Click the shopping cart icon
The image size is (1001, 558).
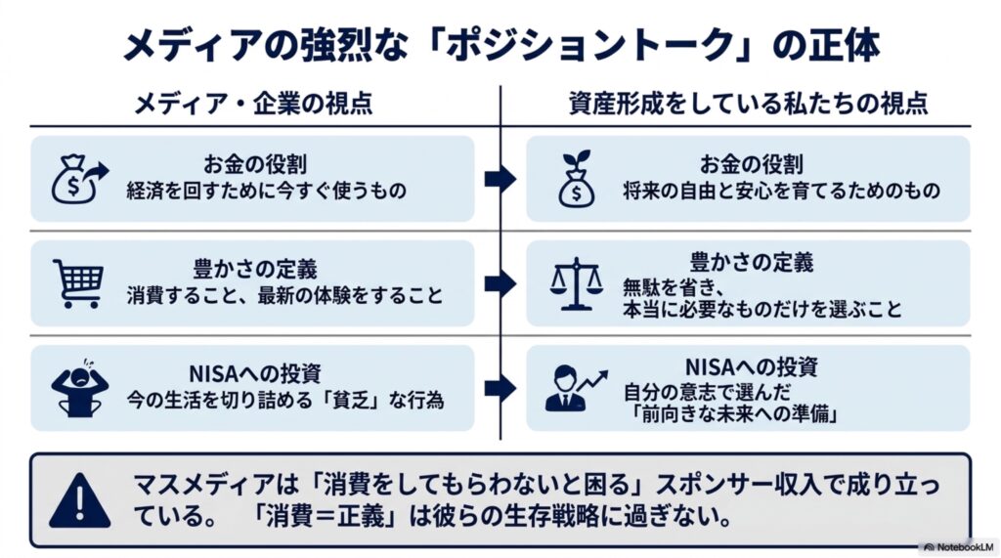coord(78,283)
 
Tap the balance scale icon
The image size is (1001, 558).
coord(576,283)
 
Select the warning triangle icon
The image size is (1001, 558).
coord(80,501)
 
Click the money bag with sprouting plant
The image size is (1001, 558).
coord(577,179)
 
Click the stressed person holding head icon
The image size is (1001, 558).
coord(80,388)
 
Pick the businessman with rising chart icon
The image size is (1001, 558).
coord(577,388)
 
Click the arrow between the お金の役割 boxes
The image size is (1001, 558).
coord(500,180)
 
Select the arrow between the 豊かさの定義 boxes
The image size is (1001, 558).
coord(500,283)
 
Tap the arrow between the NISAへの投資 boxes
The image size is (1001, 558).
coord(500,388)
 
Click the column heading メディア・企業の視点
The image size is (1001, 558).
coord(253,103)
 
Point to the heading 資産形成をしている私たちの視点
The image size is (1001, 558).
coord(748,103)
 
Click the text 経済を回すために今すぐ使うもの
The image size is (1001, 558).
coord(266,191)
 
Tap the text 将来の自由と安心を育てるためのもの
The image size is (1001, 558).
coord(781,191)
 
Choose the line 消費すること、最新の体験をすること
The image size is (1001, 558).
coord(284,295)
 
